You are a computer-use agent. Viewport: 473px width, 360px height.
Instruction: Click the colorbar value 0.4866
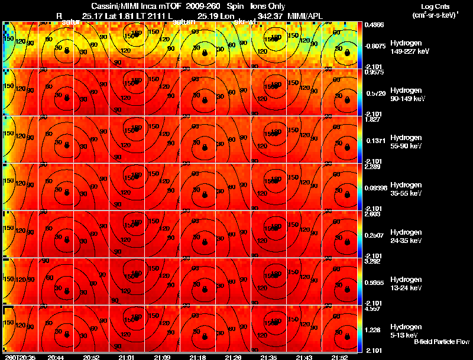[374, 25]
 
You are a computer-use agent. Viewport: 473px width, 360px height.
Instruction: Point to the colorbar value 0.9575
[374, 73]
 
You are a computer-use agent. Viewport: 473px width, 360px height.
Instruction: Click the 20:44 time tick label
[56, 357]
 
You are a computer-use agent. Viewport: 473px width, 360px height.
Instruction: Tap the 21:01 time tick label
[127, 357]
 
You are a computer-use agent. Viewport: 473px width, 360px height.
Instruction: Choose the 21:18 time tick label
[198, 357]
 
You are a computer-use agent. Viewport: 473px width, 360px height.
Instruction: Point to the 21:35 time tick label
[269, 357]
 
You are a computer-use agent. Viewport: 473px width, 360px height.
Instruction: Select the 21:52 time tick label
[340, 357]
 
